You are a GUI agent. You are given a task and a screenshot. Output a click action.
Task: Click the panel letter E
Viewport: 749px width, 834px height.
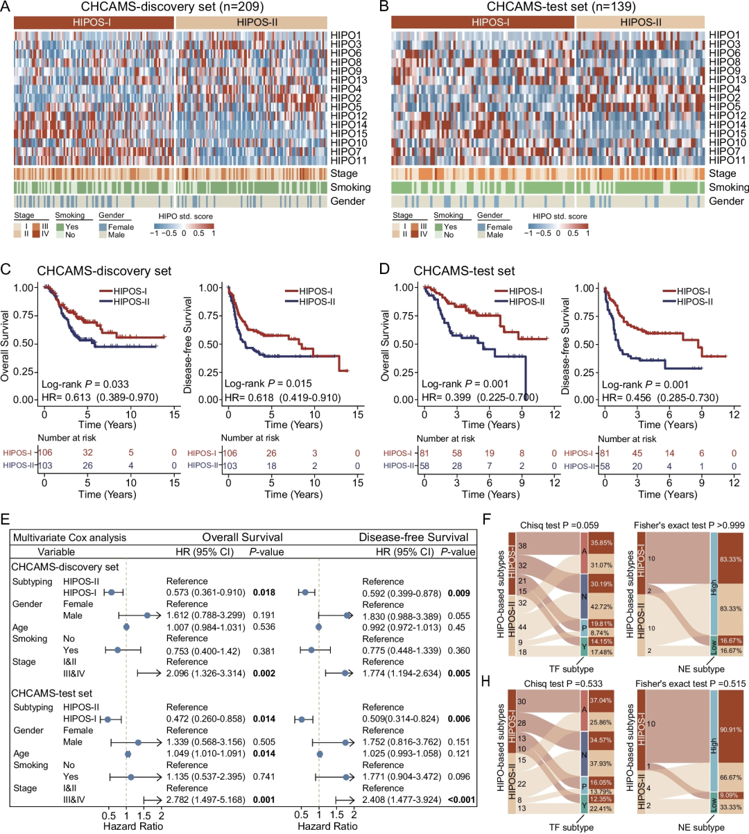click(6, 519)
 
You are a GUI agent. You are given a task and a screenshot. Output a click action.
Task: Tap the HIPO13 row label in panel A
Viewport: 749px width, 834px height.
click(349, 80)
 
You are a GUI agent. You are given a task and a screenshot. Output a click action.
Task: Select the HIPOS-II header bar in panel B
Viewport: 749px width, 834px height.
click(640, 22)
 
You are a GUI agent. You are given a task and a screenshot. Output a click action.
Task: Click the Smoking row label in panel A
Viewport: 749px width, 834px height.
click(350, 187)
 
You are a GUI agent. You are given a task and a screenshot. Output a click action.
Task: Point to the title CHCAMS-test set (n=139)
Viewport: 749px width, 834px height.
click(560, 7)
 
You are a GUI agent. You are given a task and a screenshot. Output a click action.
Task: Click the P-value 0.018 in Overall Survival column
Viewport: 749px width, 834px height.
click(264, 593)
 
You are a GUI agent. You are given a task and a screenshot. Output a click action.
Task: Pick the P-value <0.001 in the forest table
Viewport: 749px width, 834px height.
click(461, 799)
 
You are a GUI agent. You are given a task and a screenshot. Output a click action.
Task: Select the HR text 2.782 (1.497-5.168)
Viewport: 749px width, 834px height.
click(205, 799)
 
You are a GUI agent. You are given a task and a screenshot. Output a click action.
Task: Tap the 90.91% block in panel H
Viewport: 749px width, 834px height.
click(730, 724)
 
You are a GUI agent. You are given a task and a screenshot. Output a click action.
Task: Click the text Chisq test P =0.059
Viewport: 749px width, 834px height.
click(560, 525)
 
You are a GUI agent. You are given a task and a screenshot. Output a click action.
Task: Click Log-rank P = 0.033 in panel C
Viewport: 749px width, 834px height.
click(85, 384)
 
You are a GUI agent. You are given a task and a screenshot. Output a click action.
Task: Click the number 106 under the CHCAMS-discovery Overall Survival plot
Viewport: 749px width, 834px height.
click(45, 452)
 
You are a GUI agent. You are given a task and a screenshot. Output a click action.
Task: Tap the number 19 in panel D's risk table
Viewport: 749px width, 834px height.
click(490, 453)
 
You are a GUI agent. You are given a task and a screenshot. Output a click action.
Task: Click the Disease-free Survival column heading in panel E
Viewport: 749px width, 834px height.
click(413, 537)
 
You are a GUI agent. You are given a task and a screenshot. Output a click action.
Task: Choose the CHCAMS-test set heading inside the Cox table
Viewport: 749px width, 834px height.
click(52, 693)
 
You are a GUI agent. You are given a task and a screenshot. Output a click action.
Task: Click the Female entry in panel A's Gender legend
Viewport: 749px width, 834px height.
click(121, 227)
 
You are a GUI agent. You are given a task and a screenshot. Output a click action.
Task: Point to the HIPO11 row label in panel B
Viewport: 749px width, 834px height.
click(725, 160)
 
